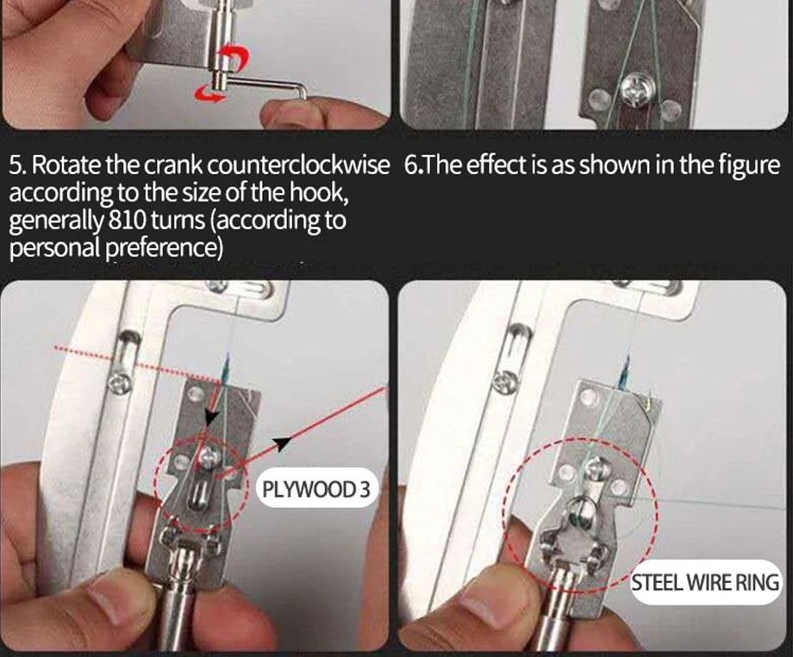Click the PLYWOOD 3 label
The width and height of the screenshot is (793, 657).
316,489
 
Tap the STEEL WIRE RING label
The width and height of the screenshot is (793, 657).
705,582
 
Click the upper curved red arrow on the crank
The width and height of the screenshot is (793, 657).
237,57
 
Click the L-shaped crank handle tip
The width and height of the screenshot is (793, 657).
302,92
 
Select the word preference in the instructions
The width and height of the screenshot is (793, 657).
165,248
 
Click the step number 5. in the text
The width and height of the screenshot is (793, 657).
17,164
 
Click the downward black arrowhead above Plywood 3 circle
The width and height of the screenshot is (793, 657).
212,417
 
